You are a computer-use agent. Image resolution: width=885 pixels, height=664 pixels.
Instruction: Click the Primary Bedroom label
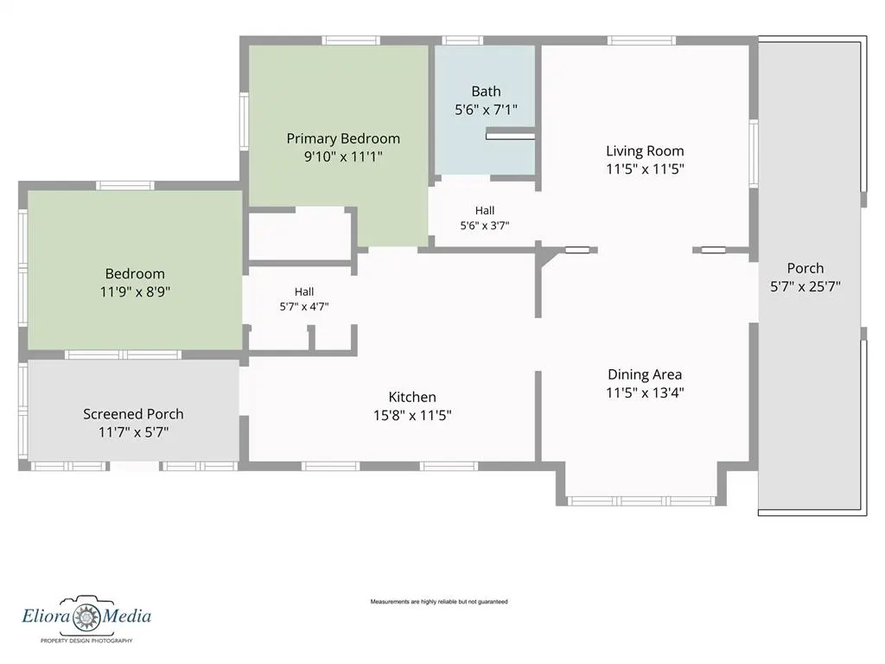[x=343, y=138]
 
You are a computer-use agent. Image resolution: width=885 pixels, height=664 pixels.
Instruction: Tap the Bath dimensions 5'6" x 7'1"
[x=486, y=110]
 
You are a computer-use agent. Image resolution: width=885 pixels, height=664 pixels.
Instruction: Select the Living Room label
[x=645, y=151]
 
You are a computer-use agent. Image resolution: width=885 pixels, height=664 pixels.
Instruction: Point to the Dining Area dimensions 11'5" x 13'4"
[x=645, y=393]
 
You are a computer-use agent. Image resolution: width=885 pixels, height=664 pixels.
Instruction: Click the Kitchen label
[x=412, y=397]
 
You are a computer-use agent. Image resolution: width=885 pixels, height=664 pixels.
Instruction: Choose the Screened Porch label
[x=133, y=414]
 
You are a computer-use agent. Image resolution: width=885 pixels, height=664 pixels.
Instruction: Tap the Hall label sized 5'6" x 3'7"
[x=485, y=211]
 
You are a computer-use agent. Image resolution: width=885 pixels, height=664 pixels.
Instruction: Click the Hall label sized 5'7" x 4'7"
[x=304, y=292]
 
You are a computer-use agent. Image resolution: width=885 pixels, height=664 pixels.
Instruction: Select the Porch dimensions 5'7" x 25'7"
[x=805, y=286]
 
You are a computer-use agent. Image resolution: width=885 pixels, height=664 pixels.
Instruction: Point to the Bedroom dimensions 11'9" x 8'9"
[x=136, y=292]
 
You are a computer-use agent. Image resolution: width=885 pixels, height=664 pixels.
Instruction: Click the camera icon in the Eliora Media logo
[x=86, y=615]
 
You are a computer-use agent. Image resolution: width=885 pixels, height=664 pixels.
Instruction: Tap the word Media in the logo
[x=126, y=616]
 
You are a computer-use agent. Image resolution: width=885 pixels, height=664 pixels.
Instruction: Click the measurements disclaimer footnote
[x=439, y=602]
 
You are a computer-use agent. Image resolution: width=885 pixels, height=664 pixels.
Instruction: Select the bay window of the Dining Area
[x=642, y=501]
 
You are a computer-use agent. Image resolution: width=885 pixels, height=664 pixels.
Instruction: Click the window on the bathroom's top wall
[x=462, y=41]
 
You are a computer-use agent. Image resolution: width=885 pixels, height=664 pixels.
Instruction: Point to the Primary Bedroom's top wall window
[x=351, y=41]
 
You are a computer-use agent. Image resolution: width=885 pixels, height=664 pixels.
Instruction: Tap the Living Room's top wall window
[x=642, y=41]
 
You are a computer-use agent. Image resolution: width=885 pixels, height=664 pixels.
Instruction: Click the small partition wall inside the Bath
[x=510, y=136]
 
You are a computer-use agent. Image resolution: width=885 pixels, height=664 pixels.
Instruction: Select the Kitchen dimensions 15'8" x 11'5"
[x=412, y=416]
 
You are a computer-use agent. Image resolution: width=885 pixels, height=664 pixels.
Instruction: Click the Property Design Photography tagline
[x=86, y=641]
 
